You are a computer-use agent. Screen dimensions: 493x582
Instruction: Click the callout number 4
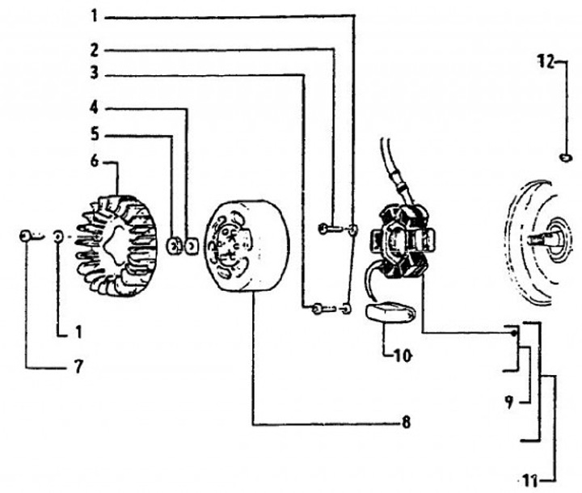[94, 107]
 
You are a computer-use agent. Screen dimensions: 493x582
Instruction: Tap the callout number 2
[94, 48]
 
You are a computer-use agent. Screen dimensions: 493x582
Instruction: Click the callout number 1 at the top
[94, 15]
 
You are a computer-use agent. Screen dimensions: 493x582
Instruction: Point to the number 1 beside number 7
[78, 331]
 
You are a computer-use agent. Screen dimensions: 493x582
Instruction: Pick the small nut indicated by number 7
[27, 236]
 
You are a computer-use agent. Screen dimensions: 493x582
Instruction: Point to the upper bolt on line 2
[325, 230]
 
